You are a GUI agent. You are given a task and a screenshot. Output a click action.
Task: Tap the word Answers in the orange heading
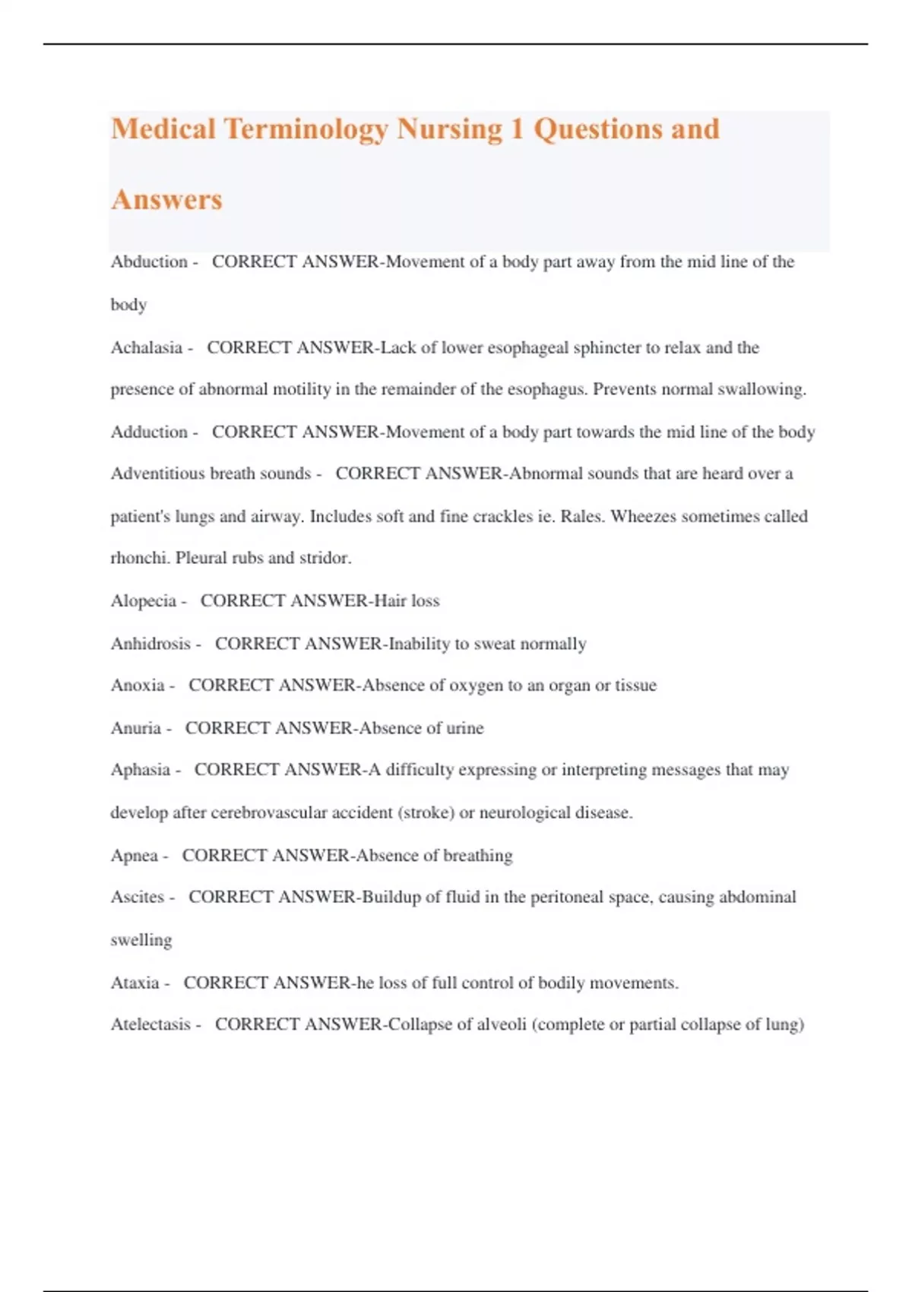(x=166, y=200)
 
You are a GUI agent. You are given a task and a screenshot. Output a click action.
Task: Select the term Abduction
(x=149, y=262)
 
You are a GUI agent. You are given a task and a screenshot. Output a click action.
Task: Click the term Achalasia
(x=147, y=348)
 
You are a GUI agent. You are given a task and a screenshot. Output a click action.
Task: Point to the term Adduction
(x=149, y=432)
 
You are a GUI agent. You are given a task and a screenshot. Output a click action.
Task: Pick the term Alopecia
(x=144, y=601)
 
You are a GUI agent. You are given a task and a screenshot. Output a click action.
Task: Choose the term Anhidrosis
(x=150, y=644)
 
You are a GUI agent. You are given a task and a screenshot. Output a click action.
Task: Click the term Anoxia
(x=138, y=686)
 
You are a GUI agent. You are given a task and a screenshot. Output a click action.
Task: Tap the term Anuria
(x=136, y=728)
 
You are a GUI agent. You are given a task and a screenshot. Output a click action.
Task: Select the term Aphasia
(x=141, y=770)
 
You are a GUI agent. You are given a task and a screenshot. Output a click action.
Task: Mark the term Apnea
(x=135, y=856)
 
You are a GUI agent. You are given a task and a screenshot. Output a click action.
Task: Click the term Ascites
(x=138, y=898)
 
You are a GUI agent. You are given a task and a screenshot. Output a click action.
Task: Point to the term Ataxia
(x=135, y=983)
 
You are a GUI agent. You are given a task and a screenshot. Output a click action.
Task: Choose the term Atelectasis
(x=150, y=1024)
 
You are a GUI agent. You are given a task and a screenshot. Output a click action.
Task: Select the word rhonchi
(x=140, y=558)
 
